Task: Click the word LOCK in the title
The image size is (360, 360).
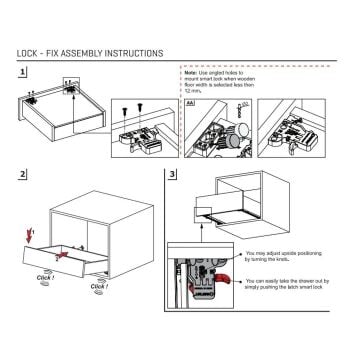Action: (x=31, y=52)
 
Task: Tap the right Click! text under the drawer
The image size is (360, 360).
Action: (x=99, y=288)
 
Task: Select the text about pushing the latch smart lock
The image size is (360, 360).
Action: (x=290, y=285)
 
